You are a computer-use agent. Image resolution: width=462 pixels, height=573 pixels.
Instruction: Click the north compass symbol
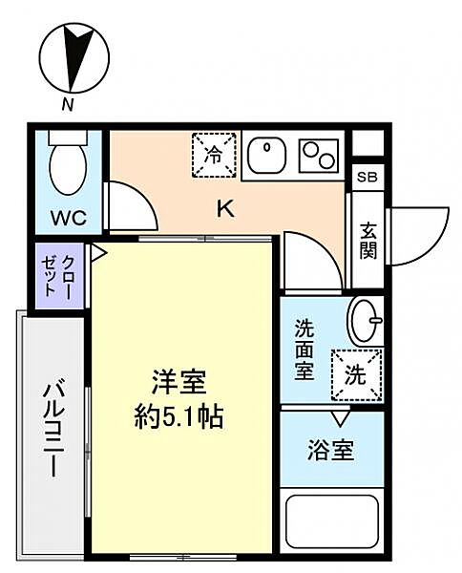(x=74, y=57)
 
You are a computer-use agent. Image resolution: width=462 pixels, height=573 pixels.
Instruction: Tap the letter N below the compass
(x=68, y=105)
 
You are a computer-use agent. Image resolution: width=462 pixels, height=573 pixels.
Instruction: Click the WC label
(x=69, y=218)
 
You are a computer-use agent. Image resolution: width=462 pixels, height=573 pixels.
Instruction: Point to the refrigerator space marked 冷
(x=214, y=156)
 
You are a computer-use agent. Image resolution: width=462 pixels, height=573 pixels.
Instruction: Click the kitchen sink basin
(x=266, y=156)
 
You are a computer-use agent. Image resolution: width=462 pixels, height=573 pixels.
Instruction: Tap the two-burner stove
(x=318, y=156)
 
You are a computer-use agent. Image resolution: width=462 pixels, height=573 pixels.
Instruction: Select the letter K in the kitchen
(x=226, y=209)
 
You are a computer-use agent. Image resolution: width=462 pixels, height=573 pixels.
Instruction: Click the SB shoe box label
(x=367, y=178)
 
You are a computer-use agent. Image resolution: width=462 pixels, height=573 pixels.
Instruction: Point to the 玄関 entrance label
(x=368, y=241)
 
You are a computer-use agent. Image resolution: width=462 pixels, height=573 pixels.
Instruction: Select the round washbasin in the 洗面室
(x=366, y=321)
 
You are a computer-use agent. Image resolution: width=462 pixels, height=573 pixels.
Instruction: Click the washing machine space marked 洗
(x=356, y=375)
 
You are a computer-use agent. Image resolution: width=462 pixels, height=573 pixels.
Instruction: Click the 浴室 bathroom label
(x=331, y=450)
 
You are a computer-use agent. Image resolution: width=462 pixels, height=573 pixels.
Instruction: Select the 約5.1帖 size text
(x=178, y=417)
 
